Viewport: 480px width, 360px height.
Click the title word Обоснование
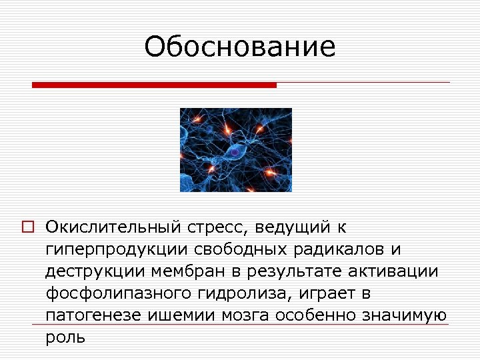click(x=240, y=47)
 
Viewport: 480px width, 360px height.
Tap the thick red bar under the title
click(x=154, y=85)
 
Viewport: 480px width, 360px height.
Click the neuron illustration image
click(x=236, y=150)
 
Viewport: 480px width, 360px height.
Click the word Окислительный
click(x=107, y=228)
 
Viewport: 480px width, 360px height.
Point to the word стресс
click(x=213, y=228)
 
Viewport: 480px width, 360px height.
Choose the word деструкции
click(x=91, y=272)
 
